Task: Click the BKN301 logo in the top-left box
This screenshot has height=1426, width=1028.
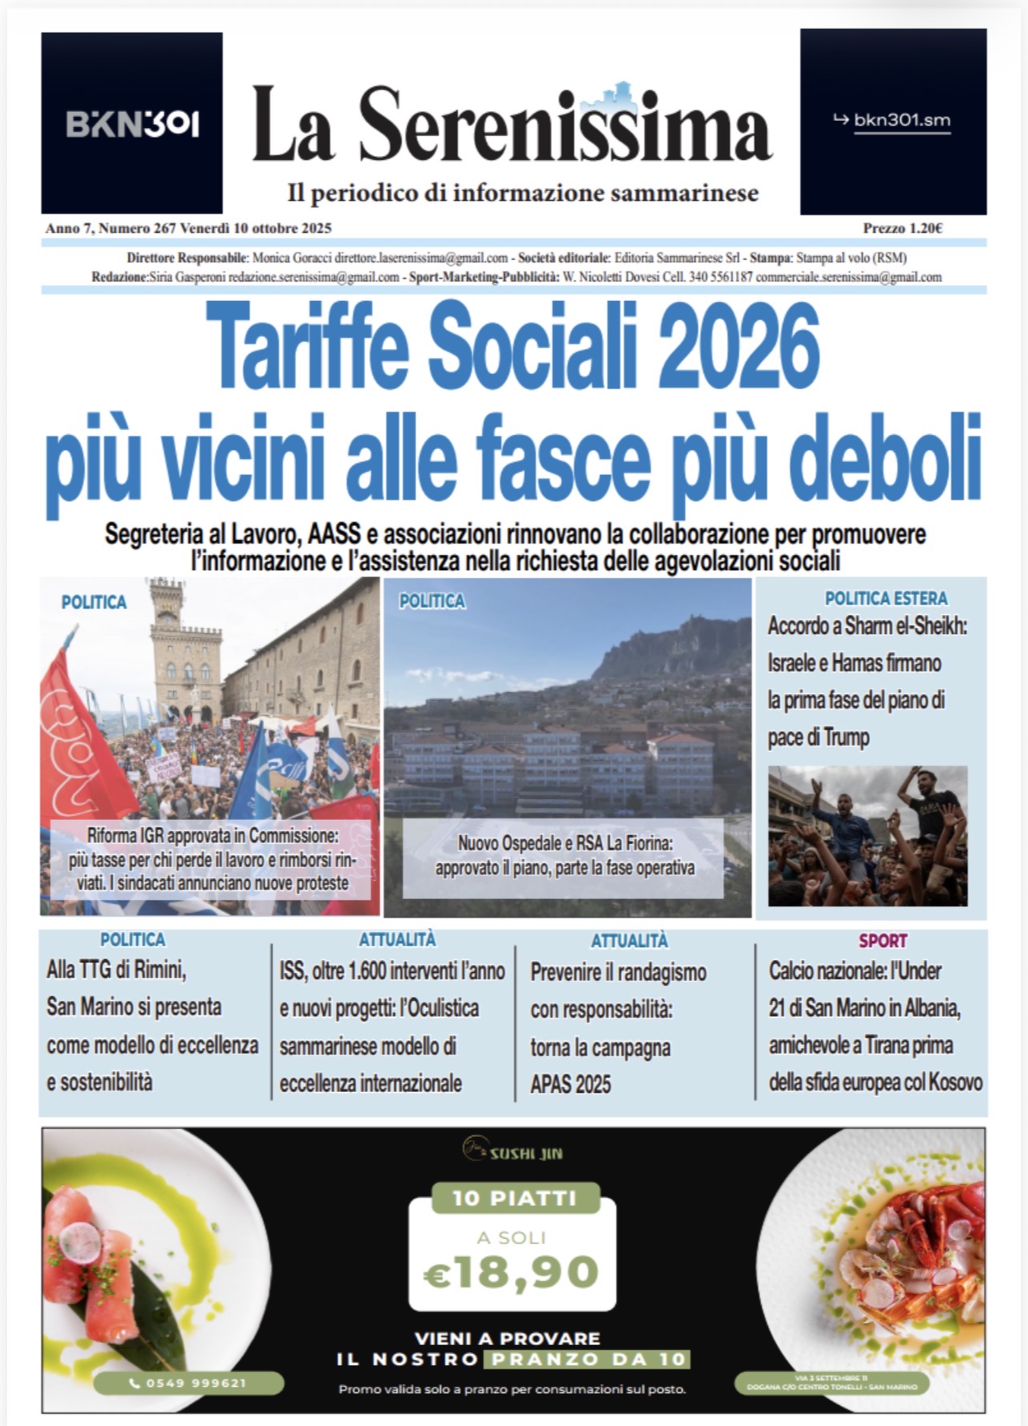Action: [x=132, y=124]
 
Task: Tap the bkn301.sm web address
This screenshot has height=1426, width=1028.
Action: [x=902, y=121]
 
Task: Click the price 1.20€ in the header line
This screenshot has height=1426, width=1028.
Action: [x=903, y=228]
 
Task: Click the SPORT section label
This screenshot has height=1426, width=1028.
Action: [x=882, y=941]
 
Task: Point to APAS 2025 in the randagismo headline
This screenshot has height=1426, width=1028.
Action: [x=570, y=1085]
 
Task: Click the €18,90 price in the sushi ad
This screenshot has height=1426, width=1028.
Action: [x=512, y=1271]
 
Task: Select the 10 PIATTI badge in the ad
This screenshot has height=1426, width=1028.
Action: [x=515, y=1198]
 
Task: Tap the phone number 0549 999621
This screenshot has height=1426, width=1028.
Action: [x=189, y=1383]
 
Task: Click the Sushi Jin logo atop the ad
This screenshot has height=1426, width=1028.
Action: [x=512, y=1153]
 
